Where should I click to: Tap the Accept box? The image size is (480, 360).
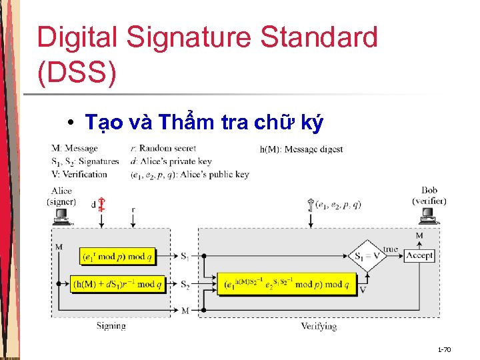tap(419, 255)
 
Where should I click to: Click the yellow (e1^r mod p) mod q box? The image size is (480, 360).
tap(117, 255)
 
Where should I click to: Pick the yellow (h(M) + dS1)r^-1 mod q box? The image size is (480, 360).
tap(117, 284)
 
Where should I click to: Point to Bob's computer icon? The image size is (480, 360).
tap(428, 216)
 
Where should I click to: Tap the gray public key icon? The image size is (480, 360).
tap(311, 204)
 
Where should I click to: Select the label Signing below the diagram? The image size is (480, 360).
tap(111, 326)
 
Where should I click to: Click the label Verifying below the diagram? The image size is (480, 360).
tap(318, 326)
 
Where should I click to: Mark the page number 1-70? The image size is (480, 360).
tap(444, 349)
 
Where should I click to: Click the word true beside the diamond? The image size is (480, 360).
tap(391, 249)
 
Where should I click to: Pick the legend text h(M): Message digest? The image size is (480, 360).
tap(301, 149)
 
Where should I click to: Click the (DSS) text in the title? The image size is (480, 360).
tap(77, 74)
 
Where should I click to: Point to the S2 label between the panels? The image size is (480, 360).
tap(185, 284)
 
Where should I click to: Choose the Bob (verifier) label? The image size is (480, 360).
tap(429, 195)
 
